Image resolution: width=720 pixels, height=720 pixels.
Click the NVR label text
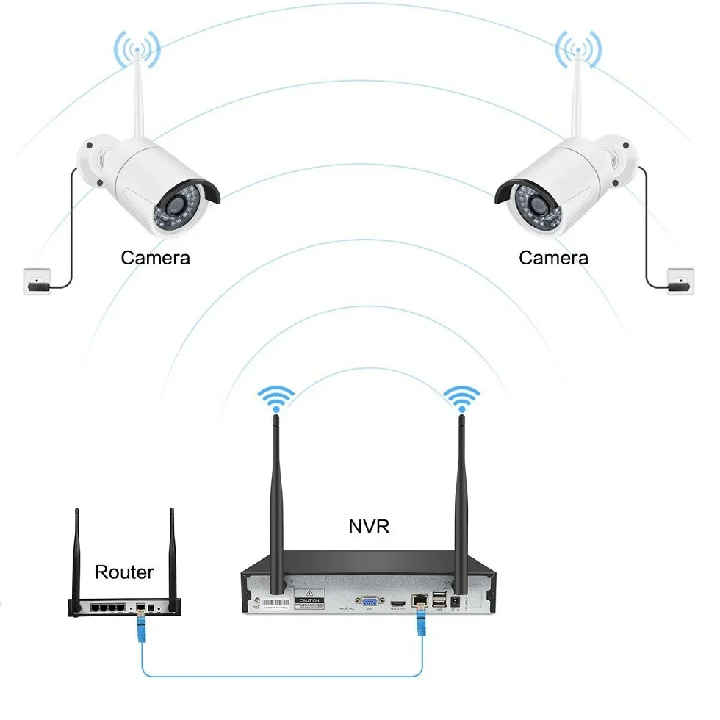coord(369,526)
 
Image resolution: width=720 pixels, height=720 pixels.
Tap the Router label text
coord(124,572)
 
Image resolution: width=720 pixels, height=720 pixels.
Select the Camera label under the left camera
coord(155,258)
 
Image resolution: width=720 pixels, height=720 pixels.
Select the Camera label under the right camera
coord(553,258)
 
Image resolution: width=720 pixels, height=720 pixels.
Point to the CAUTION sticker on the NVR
coord(309,599)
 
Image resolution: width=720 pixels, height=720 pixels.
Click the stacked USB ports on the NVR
coord(439,600)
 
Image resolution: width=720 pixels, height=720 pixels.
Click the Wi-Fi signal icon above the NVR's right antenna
coord(461,399)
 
